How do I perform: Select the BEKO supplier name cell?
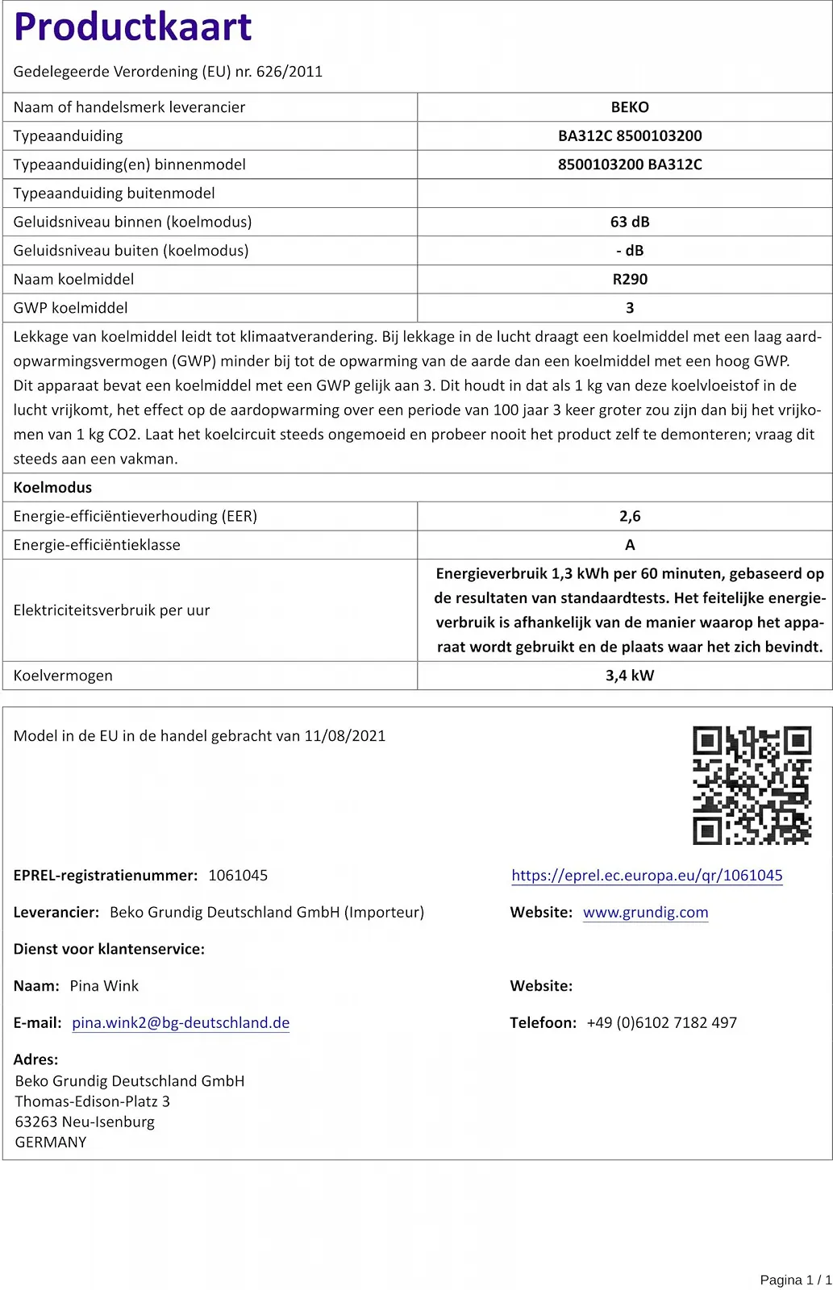630,107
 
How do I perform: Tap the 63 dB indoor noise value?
630,222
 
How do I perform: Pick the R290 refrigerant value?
630,279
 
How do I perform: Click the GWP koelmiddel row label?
70,308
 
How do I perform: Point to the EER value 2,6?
630,516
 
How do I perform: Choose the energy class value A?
630,545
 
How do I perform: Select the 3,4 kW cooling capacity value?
630,676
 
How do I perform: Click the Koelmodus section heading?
52,488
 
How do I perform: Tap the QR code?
752,784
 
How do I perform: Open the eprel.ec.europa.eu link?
647,876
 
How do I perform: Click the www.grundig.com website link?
645,913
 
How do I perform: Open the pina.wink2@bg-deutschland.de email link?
181,1023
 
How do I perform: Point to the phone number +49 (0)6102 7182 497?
661,1023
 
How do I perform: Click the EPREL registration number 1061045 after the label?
238,876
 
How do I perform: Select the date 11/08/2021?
344,736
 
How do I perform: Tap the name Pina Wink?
104,986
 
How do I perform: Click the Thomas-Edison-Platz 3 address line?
92,1101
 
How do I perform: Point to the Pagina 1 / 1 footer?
795,1280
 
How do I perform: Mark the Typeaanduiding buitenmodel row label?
114,193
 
